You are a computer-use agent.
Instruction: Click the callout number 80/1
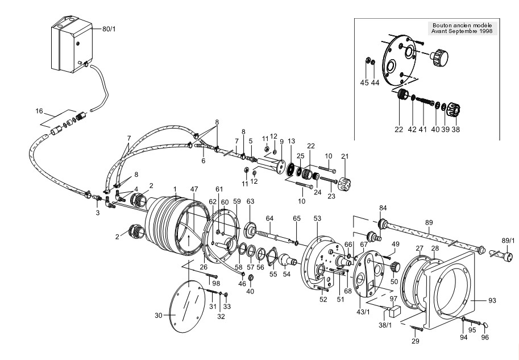(109, 29)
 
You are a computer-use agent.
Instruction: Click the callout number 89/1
(508, 240)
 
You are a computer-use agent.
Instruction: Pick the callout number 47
(194, 189)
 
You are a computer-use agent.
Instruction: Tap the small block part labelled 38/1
(394, 311)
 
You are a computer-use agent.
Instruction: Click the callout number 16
(39, 111)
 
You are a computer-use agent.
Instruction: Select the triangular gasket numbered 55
(272, 255)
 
